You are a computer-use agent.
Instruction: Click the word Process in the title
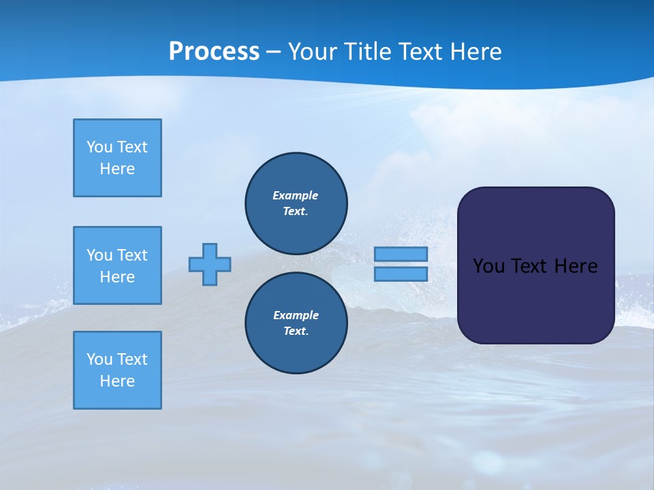click(214, 51)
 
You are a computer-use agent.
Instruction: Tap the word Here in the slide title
click(476, 52)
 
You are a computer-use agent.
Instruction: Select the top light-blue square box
click(117, 158)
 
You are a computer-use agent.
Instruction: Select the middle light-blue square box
click(117, 265)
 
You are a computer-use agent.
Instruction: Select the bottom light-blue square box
click(117, 370)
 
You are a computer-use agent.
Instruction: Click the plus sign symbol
click(210, 264)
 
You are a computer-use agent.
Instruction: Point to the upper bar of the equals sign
click(401, 254)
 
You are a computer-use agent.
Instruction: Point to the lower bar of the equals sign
click(401, 274)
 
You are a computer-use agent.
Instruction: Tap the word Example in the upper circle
click(295, 195)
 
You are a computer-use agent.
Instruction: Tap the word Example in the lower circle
click(296, 315)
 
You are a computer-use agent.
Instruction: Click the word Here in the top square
click(117, 169)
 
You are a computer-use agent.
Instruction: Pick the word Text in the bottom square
click(132, 359)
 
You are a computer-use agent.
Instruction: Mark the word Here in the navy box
click(576, 265)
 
